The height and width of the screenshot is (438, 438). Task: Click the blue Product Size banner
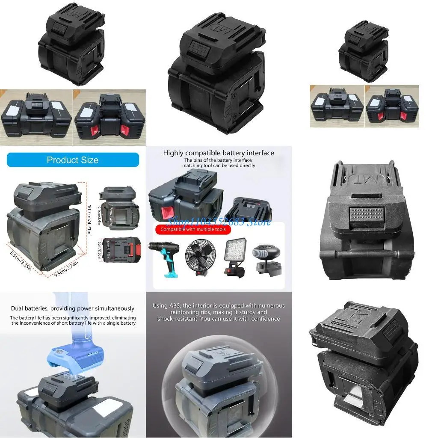pos(73,160)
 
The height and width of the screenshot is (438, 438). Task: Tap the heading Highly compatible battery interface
pos(219,153)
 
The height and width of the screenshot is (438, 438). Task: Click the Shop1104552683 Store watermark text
pos(219,222)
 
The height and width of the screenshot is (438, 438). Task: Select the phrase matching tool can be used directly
pos(219,165)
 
